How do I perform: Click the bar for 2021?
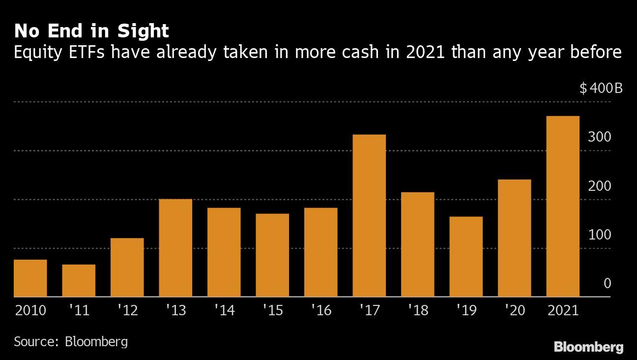[563, 207]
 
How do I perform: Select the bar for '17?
[369, 216]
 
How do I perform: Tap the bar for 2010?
[30, 278]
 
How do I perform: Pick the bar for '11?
[79, 281]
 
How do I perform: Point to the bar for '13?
[175, 248]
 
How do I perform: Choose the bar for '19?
[466, 257]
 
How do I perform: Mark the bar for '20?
[514, 239]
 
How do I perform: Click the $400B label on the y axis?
[601, 89]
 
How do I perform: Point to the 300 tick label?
[600, 137]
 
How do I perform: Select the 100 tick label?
[600, 235]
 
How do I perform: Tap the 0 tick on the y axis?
[607, 283]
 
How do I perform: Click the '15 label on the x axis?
[273, 311]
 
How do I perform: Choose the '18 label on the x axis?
[418, 311]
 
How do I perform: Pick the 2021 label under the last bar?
[563, 311]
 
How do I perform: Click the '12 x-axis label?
[127, 311]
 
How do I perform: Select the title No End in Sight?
[91, 31]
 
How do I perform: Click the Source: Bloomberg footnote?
[71, 341]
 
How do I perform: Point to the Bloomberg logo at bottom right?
[588, 347]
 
